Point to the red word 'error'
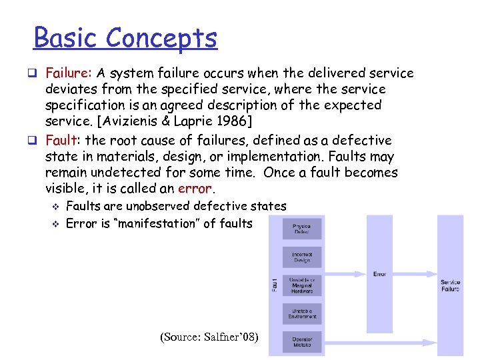[195, 189]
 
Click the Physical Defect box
[301, 229]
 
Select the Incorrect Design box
[301, 257]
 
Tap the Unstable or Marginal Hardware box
[301, 285]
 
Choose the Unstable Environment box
[301, 313]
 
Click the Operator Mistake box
[301, 341]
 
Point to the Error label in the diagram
[379, 274]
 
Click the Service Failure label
[450, 285]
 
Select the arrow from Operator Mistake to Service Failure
[380, 343]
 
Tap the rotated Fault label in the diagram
[275, 285]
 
